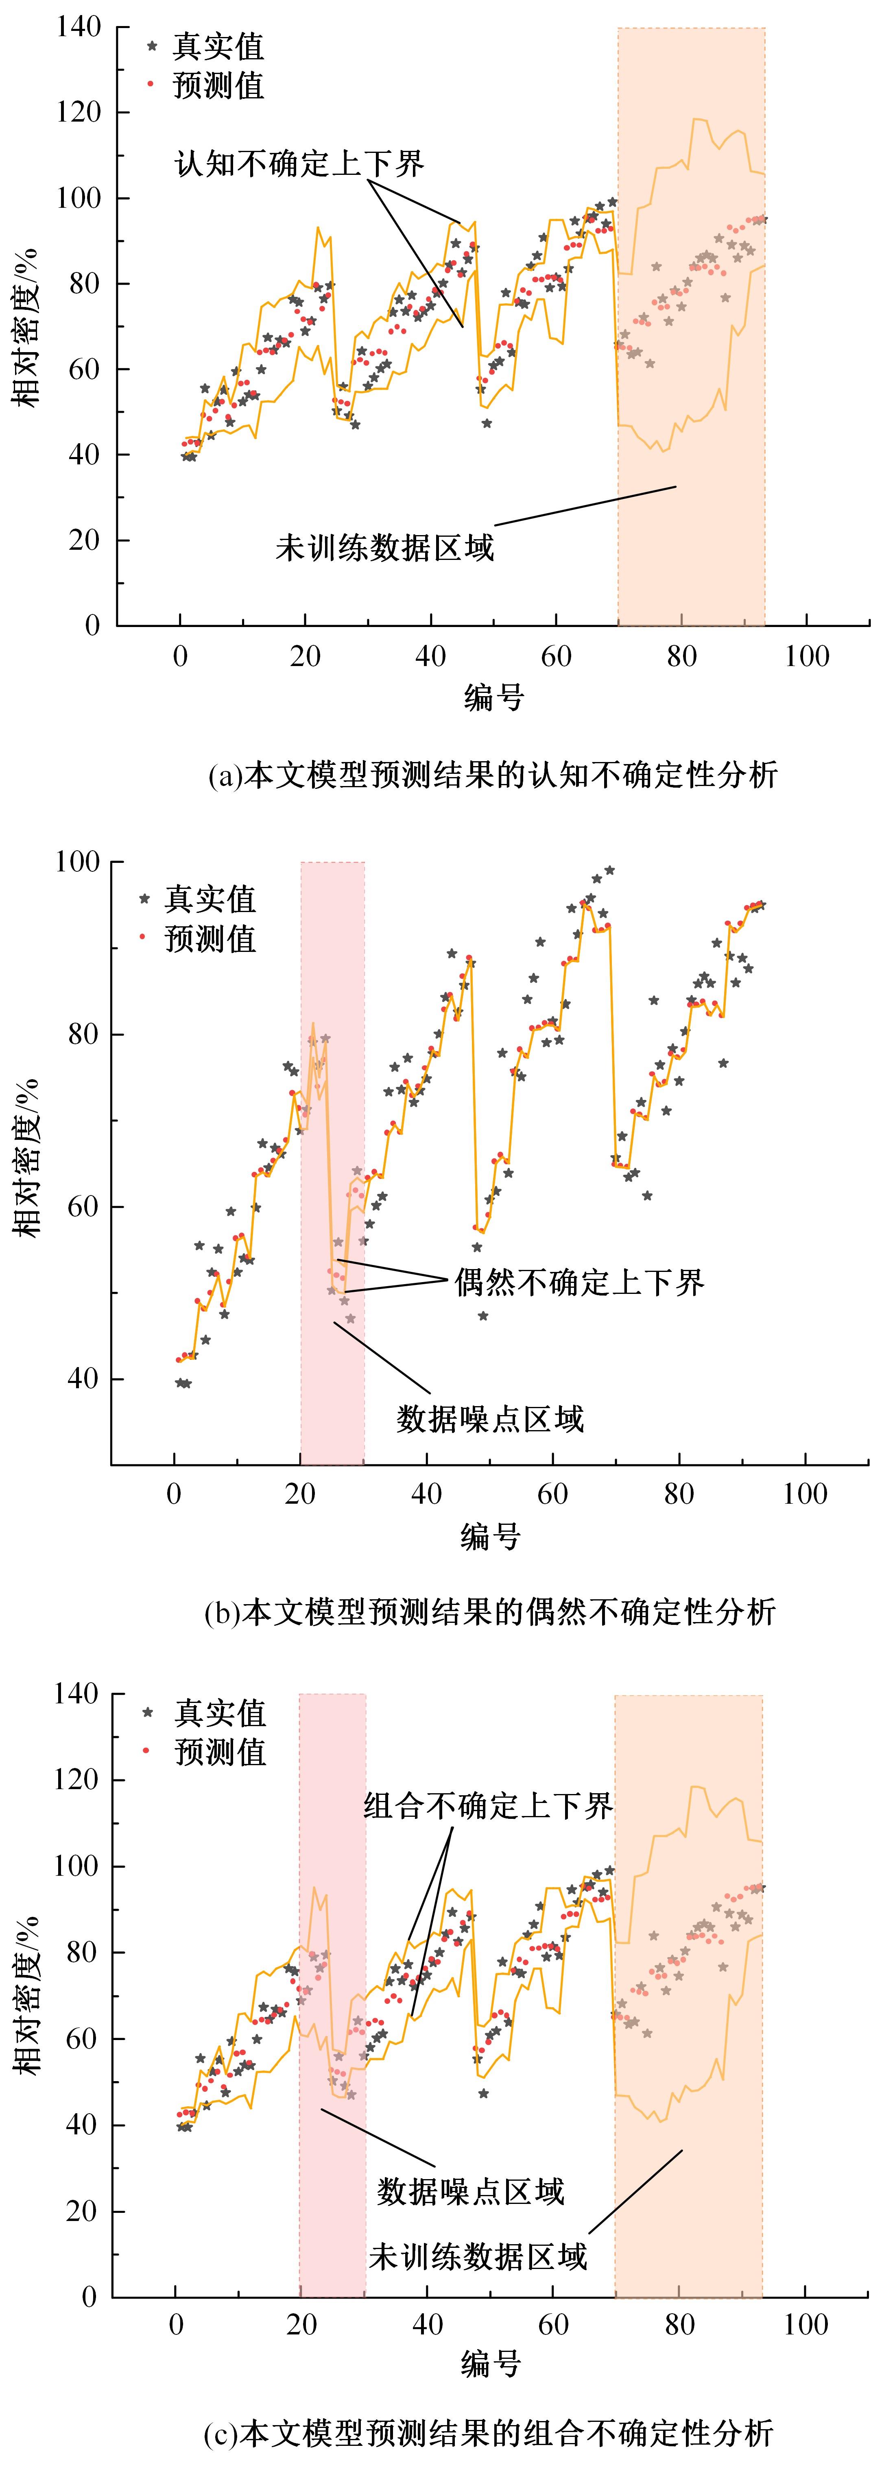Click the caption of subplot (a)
493,774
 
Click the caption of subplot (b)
490,1612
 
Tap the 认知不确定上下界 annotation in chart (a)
299,164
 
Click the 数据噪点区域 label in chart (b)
490,1418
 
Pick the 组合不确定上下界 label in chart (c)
488,1806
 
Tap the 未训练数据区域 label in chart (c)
477,2256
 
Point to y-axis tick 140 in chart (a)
79,28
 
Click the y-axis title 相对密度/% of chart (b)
29,1157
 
